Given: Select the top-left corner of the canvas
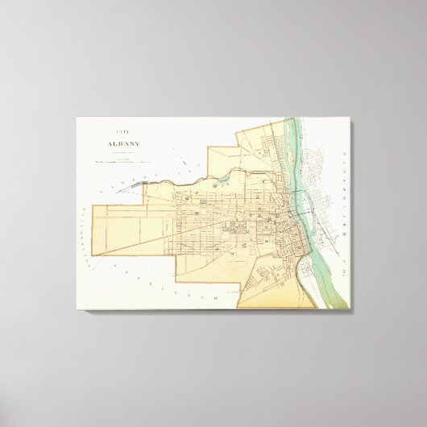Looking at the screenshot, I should point(77,118).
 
